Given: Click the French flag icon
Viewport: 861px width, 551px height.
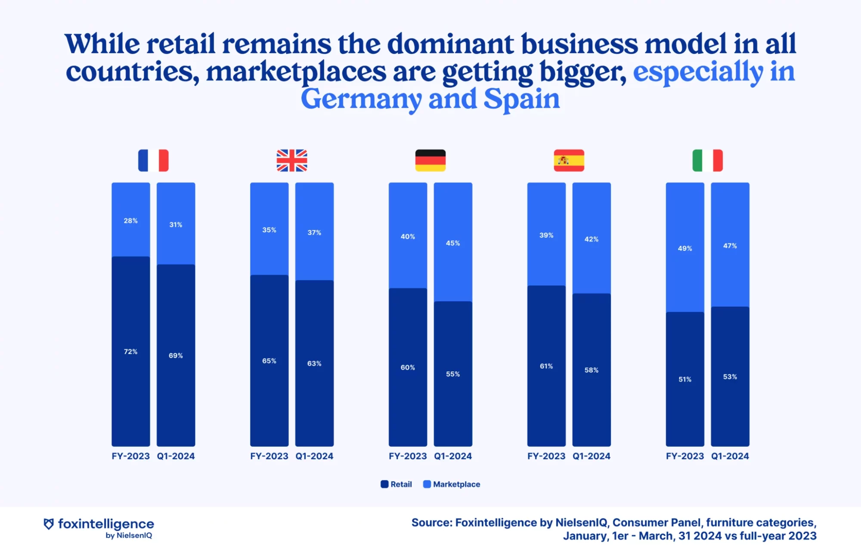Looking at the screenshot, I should click(x=153, y=161).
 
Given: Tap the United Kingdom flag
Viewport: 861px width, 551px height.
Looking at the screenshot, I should click(x=292, y=161).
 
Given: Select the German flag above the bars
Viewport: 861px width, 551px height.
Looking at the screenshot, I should click(x=430, y=161).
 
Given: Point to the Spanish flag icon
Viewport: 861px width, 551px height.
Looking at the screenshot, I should click(x=569, y=161).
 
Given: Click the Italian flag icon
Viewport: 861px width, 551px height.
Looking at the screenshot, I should click(x=707, y=161).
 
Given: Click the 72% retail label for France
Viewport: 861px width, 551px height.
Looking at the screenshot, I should click(x=131, y=352).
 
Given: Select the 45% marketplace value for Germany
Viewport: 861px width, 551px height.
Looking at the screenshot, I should click(x=453, y=243).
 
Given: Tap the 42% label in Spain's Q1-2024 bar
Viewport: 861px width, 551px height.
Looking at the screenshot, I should click(x=592, y=239).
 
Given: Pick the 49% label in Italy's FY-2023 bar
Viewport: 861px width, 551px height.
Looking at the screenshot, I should click(x=685, y=248).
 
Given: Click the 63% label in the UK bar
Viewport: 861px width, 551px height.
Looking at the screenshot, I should click(x=314, y=364).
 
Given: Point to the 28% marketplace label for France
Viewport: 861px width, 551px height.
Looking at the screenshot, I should click(x=131, y=221).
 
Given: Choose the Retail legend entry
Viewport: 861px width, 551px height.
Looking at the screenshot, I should click(x=396, y=484).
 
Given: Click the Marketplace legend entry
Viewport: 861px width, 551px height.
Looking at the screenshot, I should click(x=452, y=484).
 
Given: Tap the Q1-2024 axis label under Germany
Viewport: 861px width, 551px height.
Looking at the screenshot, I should click(x=453, y=456).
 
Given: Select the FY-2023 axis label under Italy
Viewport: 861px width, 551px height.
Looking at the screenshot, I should click(x=685, y=456).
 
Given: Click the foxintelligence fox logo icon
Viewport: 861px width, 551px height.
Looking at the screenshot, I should click(x=49, y=524).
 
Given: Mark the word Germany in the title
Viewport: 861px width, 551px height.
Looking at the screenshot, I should click(x=361, y=99).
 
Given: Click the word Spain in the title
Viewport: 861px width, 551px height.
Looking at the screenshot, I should click(x=522, y=99).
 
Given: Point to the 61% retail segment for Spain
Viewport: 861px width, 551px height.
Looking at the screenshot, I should click(x=546, y=366).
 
